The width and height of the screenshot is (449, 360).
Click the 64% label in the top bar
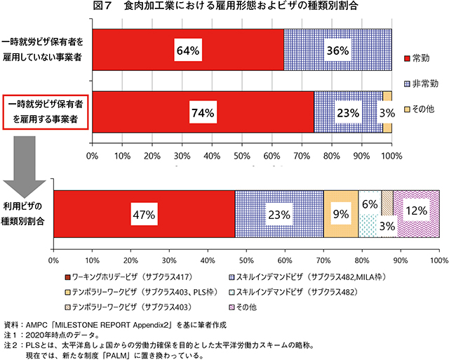(x=189, y=51)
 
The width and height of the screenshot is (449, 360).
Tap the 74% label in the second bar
(x=202, y=112)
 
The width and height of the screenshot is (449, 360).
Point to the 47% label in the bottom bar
(x=143, y=215)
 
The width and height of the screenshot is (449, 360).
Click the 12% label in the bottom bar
(x=417, y=209)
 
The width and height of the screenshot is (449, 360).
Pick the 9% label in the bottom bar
(x=340, y=215)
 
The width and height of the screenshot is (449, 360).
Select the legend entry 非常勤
(x=427, y=83)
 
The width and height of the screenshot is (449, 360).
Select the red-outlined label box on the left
(x=46, y=112)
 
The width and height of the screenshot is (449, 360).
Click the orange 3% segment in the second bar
(x=387, y=112)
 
